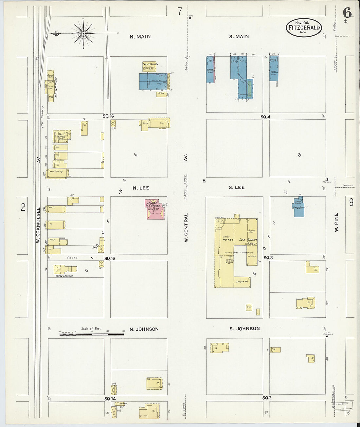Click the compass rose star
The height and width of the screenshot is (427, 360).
(83, 33)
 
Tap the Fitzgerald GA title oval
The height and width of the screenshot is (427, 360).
(304, 27)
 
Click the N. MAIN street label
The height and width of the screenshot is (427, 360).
(140, 37)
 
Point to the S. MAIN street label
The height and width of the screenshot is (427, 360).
(239, 37)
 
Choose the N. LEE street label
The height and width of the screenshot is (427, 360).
(141, 188)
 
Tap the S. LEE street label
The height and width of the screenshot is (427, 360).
(237, 187)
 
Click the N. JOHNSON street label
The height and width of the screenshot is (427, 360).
(144, 329)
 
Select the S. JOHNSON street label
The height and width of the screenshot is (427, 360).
(244, 329)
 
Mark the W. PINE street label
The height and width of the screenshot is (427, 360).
(336, 222)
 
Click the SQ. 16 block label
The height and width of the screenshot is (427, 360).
(108, 116)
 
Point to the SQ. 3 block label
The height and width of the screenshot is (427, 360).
(268, 258)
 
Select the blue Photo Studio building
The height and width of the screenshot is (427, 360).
(298, 207)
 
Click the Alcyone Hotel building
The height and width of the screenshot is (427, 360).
(62, 136)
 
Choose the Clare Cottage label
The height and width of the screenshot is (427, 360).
(64, 276)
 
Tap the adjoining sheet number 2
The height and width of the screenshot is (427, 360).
(23, 207)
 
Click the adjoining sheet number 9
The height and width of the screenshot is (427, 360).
(351, 203)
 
